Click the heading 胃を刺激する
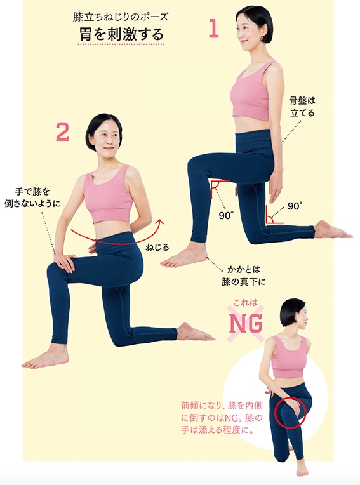pyautogui.click(x=121, y=34)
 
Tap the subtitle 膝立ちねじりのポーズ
pyautogui.click(x=121, y=17)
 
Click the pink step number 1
pyautogui.click(x=214, y=29)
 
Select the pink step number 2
pyautogui.click(x=62, y=132)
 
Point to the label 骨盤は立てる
pyautogui.click(x=302, y=107)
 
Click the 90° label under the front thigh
pyautogui.click(x=226, y=215)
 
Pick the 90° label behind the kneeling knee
pyautogui.click(x=295, y=206)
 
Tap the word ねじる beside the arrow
pyautogui.click(x=157, y=247)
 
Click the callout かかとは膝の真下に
pyautogui.click(x=244, y=276)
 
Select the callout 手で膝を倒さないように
pyautogui.click(x=32, y=197)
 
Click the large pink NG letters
pyautogui.click(x=246, y=324)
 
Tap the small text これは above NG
pyautogui.click(x=245, y=302)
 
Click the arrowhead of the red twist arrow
pyautogui.click(x=160, y=222)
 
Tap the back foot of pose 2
pyautogui.click(x=195, y=331)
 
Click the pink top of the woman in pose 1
pyautogui.click(x=251, y=92)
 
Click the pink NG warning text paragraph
pyautogui.click(x=222, y=417)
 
